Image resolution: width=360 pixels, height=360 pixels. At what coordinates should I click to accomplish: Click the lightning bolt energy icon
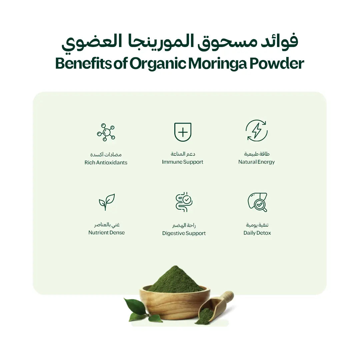[x=256, y=130]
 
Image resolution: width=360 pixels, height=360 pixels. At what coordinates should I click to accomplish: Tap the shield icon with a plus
[x=183, y=132]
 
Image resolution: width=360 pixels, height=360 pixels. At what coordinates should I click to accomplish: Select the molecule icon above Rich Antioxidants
[x=106, y=132]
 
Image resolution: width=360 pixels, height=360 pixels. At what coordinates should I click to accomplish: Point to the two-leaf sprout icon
[x=107, y=202]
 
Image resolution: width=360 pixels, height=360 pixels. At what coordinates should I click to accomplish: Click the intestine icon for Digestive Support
[x=184, y=202]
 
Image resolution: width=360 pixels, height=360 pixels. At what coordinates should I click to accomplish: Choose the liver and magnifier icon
[x=257, y=202]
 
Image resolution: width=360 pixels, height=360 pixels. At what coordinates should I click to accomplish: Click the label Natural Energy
[x=256, y=162]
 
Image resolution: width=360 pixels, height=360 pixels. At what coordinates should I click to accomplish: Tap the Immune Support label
[x=183, y=162]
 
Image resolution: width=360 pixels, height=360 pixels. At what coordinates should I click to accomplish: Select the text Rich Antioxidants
[x=106, y=163]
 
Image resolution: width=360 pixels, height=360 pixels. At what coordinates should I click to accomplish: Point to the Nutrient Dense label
[x=107, y=233]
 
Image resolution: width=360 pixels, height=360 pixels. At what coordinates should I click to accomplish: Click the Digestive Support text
[x=184, y=233]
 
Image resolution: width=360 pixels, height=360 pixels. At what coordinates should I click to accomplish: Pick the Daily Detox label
[x=257, y=233]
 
